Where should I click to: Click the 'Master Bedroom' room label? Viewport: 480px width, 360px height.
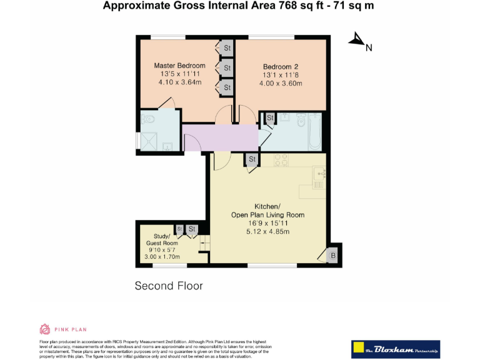click(x=179, y=66)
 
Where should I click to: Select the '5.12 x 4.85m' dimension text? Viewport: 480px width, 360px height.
click(x=267, y=231)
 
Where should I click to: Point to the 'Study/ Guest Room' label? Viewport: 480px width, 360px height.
click(x=161, y=239)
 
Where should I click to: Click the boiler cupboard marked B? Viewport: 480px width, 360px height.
click(x=332, y=255)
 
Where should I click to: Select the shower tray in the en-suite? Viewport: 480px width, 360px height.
click(x=159, y=141)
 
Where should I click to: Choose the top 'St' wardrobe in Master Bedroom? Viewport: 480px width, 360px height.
click(x=226, y=48)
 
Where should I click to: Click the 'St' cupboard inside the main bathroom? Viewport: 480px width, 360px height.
click(x=270, y=118)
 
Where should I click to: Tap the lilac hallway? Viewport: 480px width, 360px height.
click(x=219, y=137)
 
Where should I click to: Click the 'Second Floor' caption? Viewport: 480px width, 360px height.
click(x=169, y=286)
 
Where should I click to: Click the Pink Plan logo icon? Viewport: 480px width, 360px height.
click(x=45, y=329)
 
